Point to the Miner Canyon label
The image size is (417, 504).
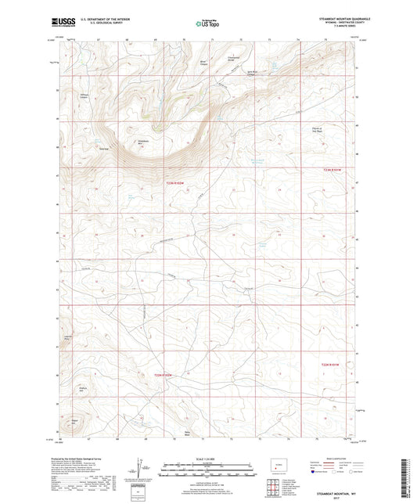tap(205, 62)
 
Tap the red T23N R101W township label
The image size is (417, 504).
tap(333, 168)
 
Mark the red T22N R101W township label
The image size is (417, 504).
tap(333, 364)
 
